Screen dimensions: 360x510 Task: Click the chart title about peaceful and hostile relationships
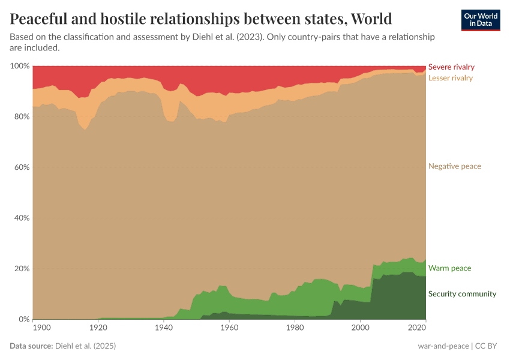tap(201, 19)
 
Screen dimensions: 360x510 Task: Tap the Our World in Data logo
tap(481, 19)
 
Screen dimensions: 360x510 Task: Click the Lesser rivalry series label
tap(451, 78)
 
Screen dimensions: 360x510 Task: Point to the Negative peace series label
tap(455, 166)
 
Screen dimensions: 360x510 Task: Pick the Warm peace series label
tap(449, 268)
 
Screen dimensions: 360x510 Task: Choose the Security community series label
tap(462, 294)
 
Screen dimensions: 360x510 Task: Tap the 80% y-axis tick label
tap(21, 116)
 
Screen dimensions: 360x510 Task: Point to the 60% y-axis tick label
tap(21, 167)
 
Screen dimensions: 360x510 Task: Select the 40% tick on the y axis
tap(21, 218)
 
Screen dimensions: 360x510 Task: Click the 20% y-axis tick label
tap(21, 268)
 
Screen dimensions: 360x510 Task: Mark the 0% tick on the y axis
tap(23, 319)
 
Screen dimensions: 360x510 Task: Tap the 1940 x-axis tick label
tap(163, 328)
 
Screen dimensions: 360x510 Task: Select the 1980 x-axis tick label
tap(294, 328)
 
